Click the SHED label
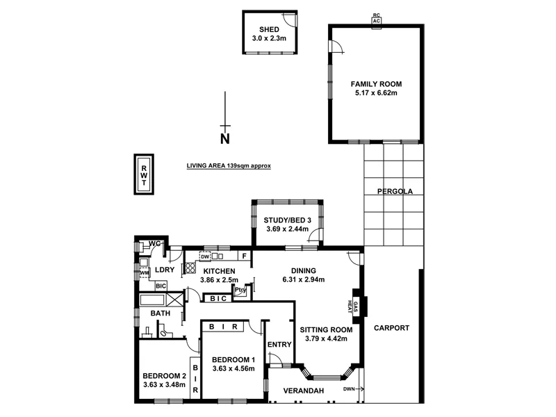coord(269,29)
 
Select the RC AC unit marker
coord(376,19)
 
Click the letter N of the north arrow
coord(224,138)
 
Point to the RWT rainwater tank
coord(145,174)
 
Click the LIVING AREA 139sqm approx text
coord(228,166)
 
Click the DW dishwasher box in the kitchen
coord(206,256)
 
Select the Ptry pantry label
coord(240,291)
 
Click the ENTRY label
coord(279,345)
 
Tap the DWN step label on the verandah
coord(350,389)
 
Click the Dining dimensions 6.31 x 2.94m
coord(304,280)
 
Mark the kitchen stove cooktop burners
coord(190,268)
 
